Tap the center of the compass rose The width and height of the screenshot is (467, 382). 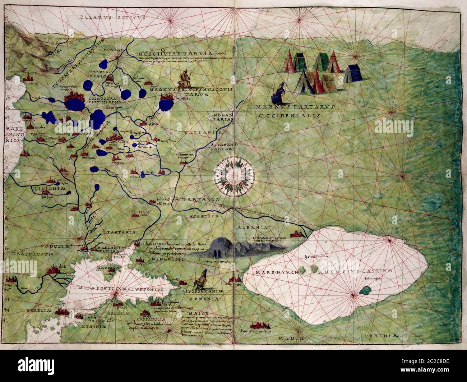(x=235, y=175)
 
